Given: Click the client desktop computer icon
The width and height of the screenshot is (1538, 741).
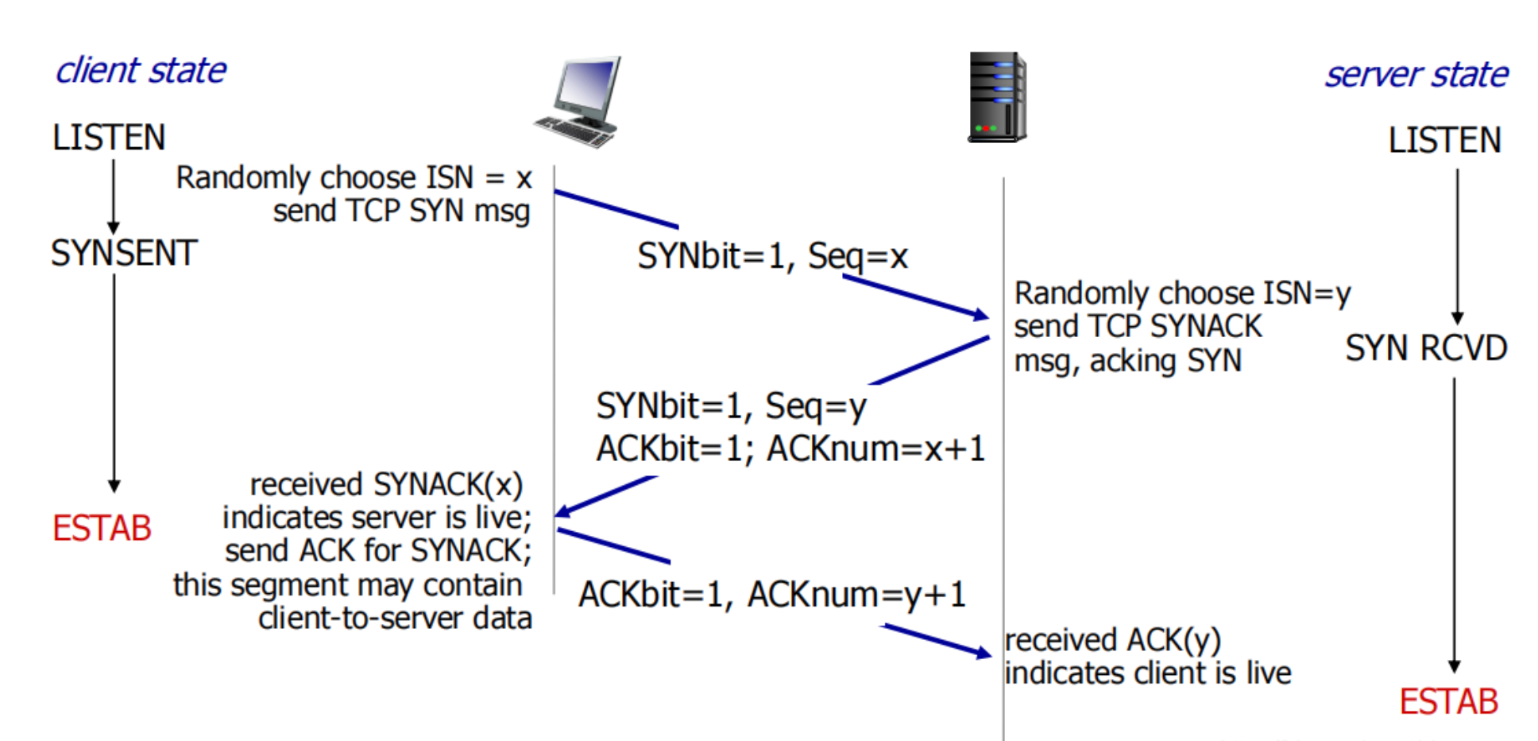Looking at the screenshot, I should (578, 102).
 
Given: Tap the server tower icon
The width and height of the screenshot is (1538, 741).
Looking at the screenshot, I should (997, 97).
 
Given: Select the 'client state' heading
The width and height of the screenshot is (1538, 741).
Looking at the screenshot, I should (141, 71).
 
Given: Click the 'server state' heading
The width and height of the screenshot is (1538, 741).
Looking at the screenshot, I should (1416, 75).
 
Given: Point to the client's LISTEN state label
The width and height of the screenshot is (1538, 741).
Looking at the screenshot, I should (109, 138).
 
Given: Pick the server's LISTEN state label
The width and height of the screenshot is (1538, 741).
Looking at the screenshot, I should (1444, 141).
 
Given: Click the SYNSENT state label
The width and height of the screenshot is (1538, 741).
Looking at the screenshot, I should (124, 254).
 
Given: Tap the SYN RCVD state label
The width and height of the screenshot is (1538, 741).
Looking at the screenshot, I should (1426, 348).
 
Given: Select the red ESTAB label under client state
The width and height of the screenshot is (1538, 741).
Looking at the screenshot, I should (102, 529).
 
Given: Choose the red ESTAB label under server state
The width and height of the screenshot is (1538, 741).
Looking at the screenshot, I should (1448, 702).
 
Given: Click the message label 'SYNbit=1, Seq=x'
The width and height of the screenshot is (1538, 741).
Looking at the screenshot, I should (772, 256).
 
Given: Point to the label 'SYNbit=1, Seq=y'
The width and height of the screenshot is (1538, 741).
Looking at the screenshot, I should (731, 406).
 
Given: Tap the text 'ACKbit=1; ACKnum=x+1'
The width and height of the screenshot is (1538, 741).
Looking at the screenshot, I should (790, 449).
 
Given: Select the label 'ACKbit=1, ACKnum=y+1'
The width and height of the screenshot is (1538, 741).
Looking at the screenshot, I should (772, 595).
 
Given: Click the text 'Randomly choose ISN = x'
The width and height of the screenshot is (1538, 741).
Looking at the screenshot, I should (354, 178).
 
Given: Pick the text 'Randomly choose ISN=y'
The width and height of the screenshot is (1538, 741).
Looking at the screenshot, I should (1182, 293).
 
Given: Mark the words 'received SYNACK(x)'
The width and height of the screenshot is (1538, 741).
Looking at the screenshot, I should (386, 484).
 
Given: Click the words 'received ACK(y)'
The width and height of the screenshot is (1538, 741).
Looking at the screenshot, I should (1112, 640).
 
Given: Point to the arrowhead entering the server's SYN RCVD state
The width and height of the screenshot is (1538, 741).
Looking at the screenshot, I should (1457, 318).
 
